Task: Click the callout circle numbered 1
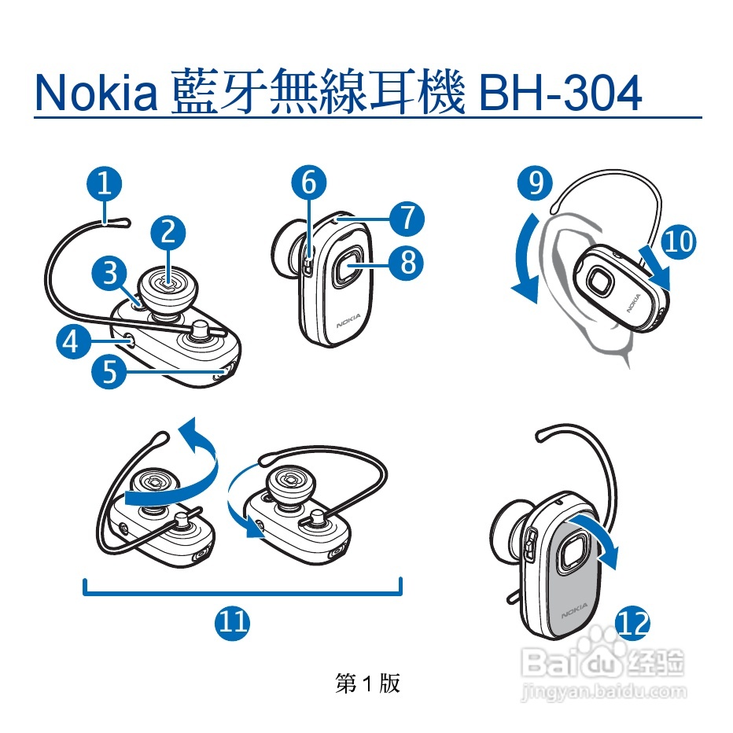105,183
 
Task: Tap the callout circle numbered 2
168,232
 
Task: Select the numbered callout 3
109,273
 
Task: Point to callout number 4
73,341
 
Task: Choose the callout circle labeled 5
109,372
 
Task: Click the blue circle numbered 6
309,182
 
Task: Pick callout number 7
407,219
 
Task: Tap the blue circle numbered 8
407,262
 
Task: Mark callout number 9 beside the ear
536,182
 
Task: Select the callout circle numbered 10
678,241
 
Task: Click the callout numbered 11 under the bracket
232,623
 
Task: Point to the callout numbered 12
633,623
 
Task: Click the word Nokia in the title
96,93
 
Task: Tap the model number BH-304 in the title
560,93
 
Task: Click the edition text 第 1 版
368,683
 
